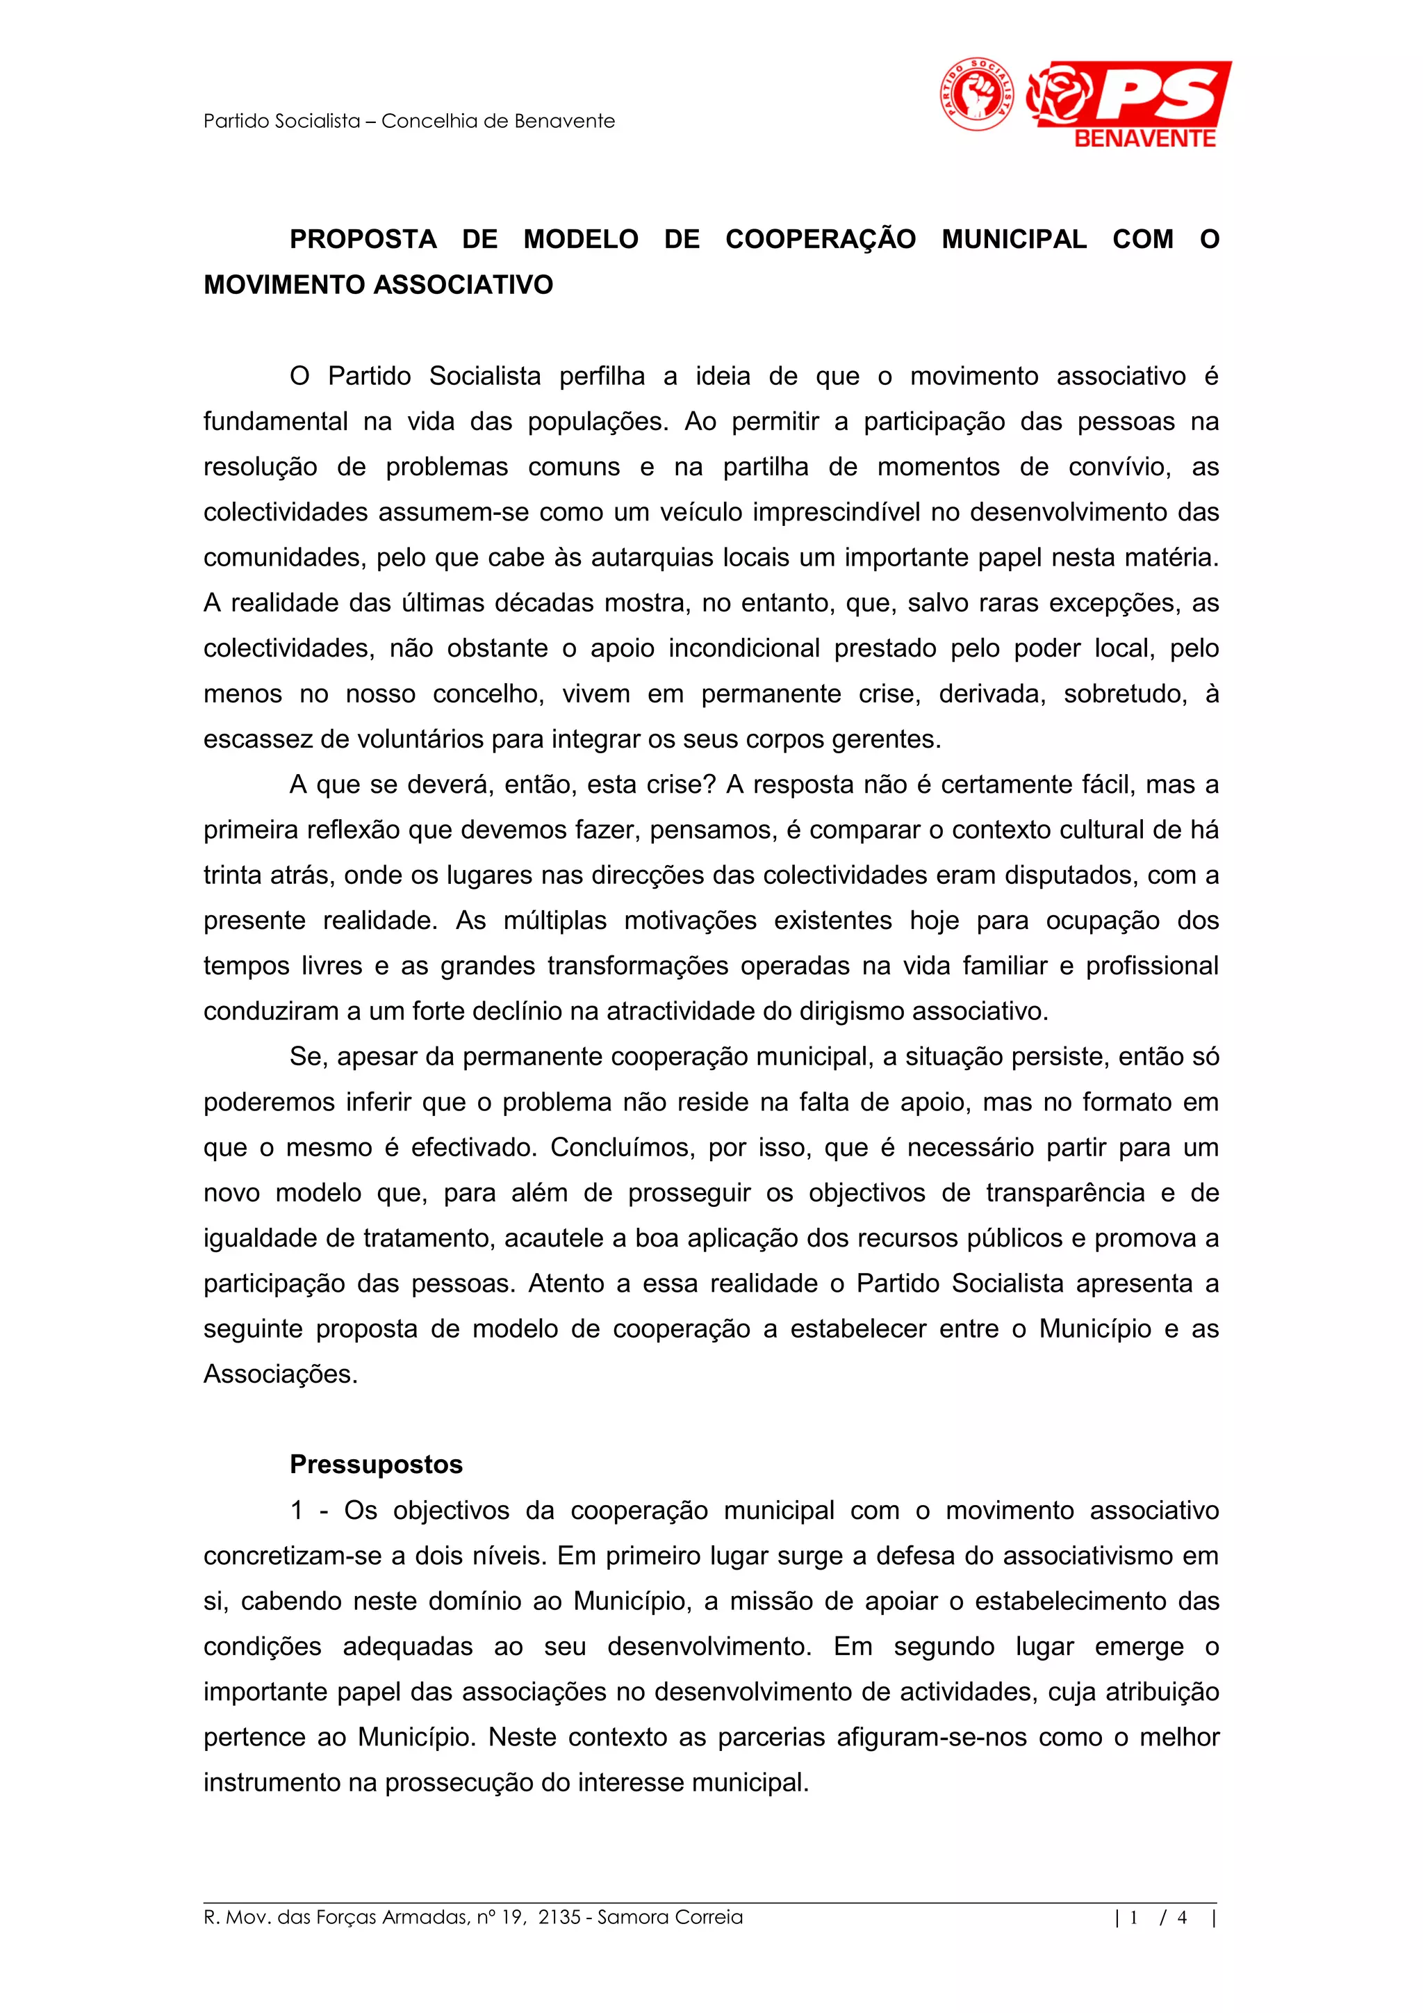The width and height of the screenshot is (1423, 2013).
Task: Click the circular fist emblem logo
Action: [x=977, y=94]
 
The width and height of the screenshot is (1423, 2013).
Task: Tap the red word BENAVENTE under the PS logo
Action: [x=1144, y=138]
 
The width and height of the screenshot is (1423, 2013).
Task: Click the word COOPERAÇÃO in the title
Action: [x=820, y=239]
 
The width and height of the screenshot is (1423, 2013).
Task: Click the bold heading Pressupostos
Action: [x=376, y=1464]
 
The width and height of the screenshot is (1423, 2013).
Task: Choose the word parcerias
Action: [x=771, y=1737]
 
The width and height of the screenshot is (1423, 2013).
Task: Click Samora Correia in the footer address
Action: [x=670, y=1917]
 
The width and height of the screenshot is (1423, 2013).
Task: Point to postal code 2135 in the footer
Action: [x=559, y=1917]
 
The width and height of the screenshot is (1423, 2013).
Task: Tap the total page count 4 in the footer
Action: [x=1182, y=1917]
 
